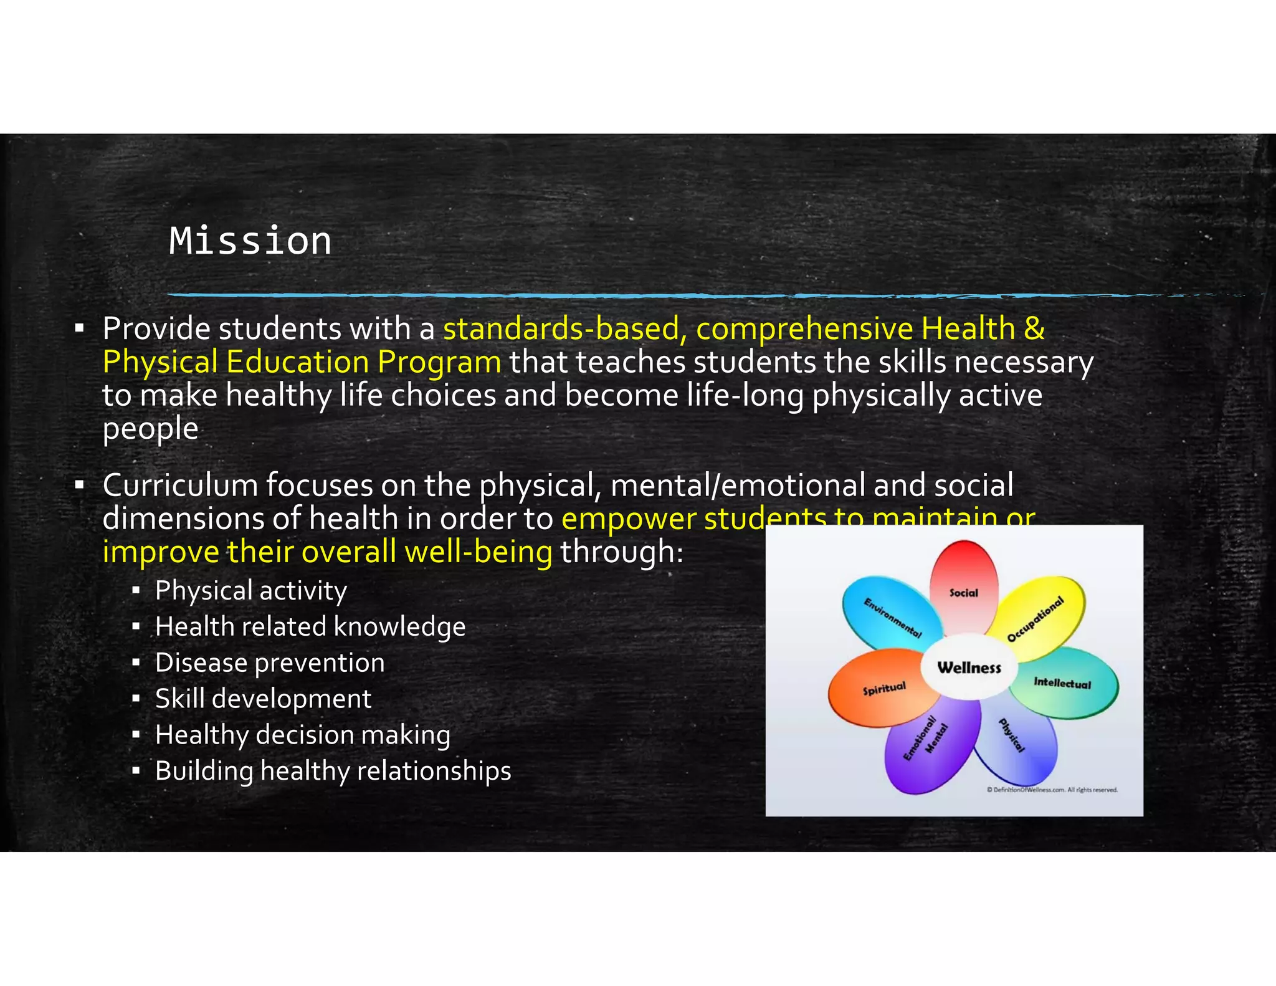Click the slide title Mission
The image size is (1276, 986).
[250, 241]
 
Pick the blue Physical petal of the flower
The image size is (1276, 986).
[1016, 742]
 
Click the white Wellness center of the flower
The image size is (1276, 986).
[969, 668]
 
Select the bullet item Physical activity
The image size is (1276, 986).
[250, 591]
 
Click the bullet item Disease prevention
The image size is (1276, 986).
[270, 663]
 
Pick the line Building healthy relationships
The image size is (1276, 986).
[333, 772]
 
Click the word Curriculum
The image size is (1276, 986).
[180, 486]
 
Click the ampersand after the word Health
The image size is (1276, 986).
[1034, 328]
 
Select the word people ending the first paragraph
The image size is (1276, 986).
[150, 429]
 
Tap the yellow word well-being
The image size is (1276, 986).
[478, 552]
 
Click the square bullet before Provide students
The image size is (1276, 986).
[79, 328]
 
